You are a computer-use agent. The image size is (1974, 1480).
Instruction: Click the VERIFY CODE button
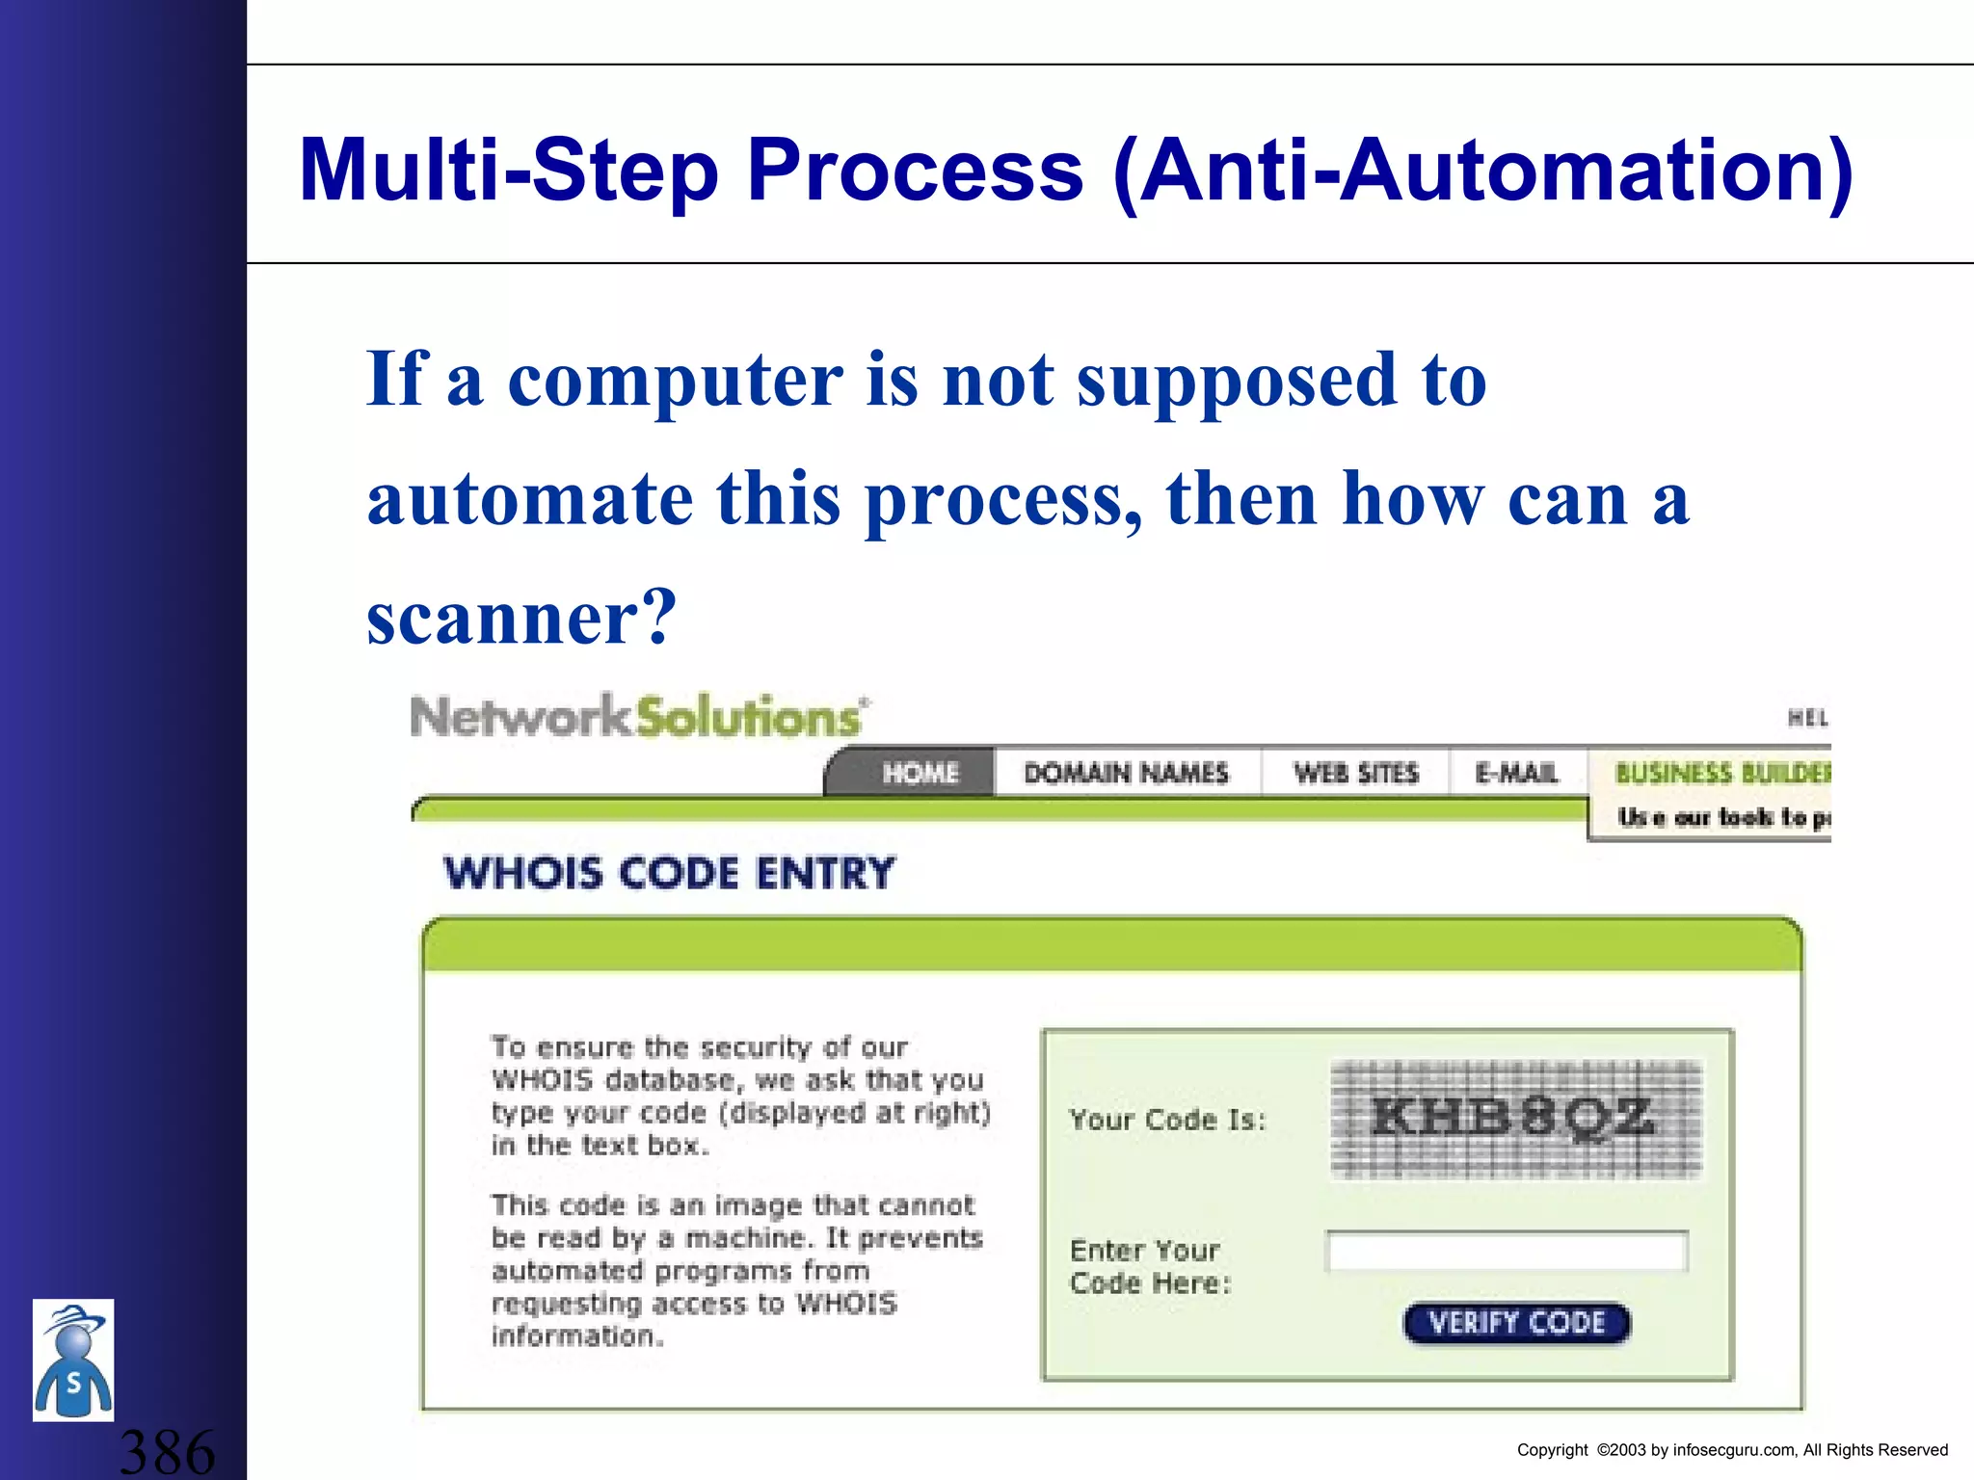1516,1323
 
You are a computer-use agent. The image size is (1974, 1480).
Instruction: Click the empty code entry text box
1507,1252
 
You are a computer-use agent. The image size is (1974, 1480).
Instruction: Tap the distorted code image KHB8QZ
1515,1120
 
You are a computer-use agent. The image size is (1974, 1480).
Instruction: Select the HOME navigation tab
920,773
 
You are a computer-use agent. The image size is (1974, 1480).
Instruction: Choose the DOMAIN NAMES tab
1126,773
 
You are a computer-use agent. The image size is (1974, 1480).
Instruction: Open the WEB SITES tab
1356,773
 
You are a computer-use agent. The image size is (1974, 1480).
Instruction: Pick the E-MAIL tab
1516,773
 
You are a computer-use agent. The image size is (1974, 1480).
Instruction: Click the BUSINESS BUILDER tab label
1721,773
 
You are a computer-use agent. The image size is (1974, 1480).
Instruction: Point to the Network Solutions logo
639,717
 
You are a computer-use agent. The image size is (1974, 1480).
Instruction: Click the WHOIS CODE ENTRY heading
669,873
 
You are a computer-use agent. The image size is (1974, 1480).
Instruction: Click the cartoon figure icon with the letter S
73,1361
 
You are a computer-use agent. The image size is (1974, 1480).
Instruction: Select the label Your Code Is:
1167,1120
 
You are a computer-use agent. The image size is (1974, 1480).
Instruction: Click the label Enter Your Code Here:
1150,1267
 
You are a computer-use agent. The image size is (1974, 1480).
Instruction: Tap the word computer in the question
675,381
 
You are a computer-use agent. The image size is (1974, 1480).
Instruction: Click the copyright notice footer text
1732,1450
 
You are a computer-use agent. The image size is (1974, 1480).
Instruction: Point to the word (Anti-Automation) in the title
1482,171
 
